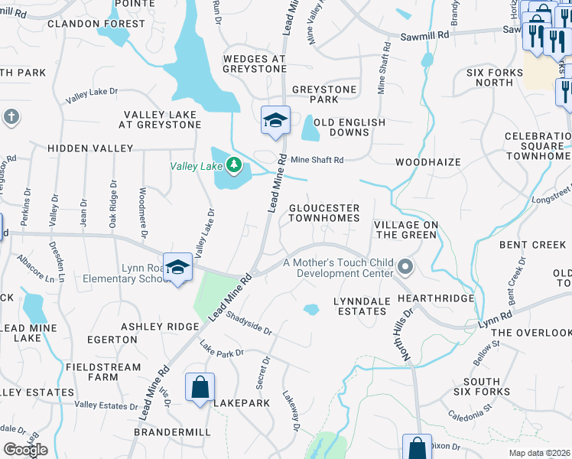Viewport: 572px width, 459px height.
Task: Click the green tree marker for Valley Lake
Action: [235, 164]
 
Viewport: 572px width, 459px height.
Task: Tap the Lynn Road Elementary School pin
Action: [177, 268]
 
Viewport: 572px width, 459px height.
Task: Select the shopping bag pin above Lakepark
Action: [200, 387]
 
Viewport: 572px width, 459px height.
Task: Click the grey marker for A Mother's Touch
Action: [405, 268]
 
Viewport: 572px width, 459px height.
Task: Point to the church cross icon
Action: [11, 117]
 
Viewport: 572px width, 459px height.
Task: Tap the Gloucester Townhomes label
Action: [323, 213]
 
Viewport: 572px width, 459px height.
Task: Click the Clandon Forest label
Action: [96, 24]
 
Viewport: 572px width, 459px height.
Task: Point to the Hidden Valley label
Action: [90, 148]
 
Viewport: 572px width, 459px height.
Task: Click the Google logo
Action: [25, 449]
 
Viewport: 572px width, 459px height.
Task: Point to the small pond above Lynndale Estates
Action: [310, 310]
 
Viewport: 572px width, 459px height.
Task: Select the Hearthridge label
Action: [435, 298]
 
